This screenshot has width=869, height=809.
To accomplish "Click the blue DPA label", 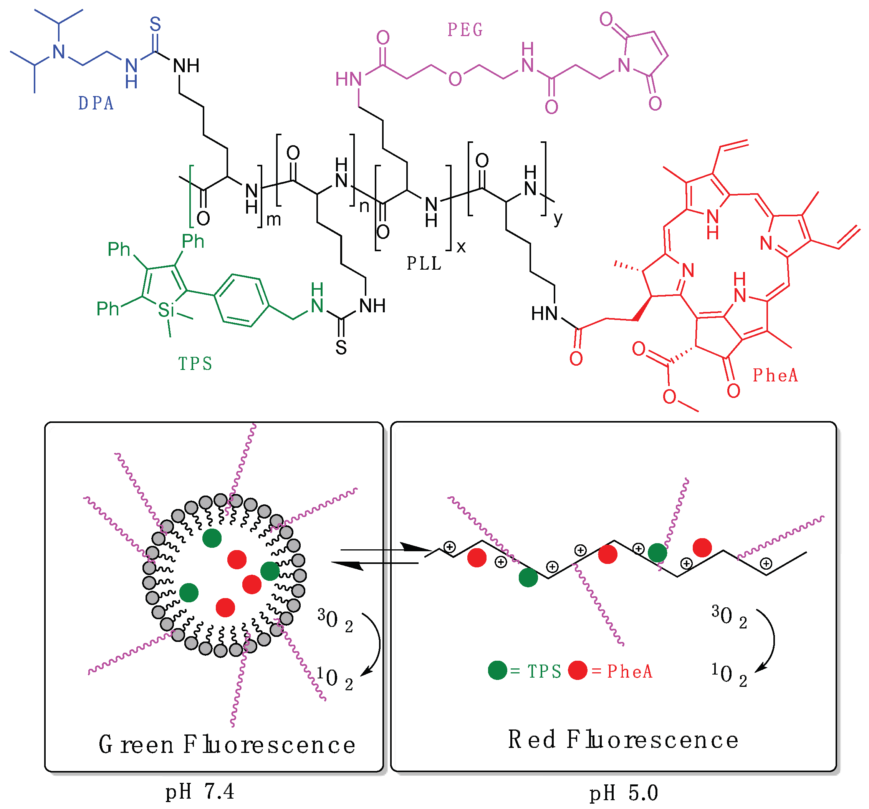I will (x=96, y=103).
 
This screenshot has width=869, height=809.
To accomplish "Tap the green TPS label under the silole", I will (x=195, y=364).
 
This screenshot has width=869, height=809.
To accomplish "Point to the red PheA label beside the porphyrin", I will (x=775, y=375).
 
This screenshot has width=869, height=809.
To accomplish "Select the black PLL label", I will (x=424, y=263).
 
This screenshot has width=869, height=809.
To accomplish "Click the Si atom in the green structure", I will (x=166, y=310).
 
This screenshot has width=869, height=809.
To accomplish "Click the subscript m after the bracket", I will (x=274, y=219).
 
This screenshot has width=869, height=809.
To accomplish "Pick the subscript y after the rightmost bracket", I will (x=558, y=217).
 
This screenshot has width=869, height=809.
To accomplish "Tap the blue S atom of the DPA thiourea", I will (x=155, y=24).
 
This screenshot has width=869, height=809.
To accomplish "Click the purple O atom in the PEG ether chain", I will (x=455, y=79).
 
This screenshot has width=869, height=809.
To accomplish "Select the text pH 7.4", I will (x=199, y=791).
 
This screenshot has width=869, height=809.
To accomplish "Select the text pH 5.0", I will (x=623, y=793).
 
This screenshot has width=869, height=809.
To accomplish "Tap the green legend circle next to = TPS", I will (x=497, y=670).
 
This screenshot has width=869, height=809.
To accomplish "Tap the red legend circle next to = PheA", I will (x=578, y=670).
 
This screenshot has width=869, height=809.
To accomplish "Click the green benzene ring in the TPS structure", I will (x=242, y=300).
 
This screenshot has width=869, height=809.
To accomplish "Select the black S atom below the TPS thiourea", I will (x=341, y=348).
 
